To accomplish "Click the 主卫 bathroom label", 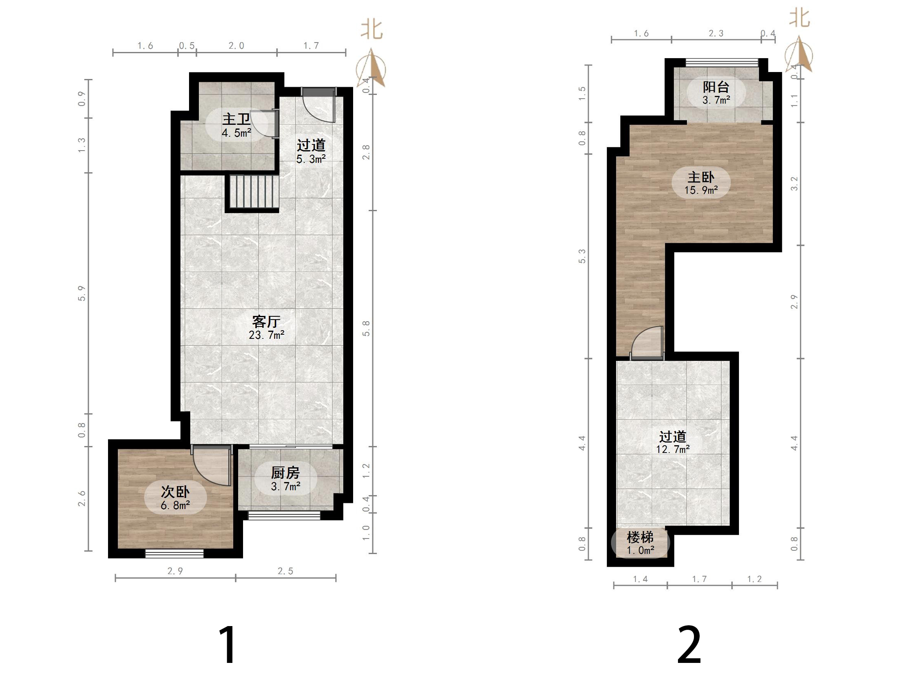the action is pos(236,119).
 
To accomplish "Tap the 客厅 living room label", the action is pos(266,321).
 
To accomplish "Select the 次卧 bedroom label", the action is pos(175,491).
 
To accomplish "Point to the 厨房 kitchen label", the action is pos(285,473).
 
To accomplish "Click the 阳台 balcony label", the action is pos(716,87).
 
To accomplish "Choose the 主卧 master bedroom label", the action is pos(701,177).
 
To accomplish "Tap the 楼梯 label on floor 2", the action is pos(640,537).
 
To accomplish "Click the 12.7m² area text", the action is pos(673,449).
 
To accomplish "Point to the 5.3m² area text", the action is pos(311,159).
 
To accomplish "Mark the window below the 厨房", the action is pos(284,515).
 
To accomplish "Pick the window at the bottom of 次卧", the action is pos(175,553).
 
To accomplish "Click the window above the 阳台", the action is pos(722,63).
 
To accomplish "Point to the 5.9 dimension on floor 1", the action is pos(82,293).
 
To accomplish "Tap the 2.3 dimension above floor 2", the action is pos(716,34).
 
